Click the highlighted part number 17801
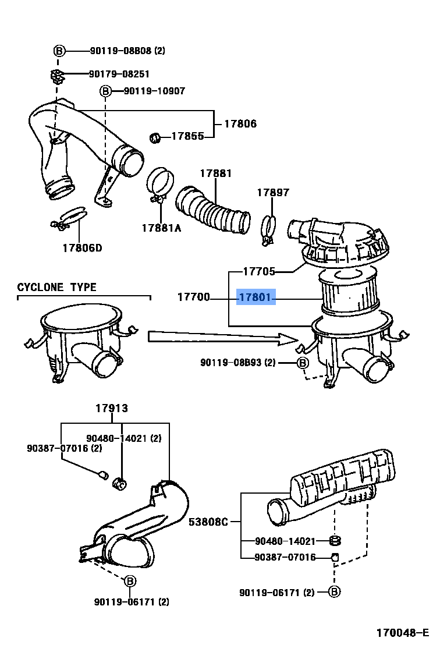255,298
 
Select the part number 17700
194,298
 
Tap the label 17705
259,271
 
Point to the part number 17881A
161,228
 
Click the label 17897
274,193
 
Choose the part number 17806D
82,248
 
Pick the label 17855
187,136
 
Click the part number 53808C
208,522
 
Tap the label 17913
112,409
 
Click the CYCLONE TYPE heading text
56,288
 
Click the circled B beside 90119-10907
105,91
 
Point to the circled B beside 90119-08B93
303,363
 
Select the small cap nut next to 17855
155,137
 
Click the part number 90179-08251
119,74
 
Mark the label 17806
240,124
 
